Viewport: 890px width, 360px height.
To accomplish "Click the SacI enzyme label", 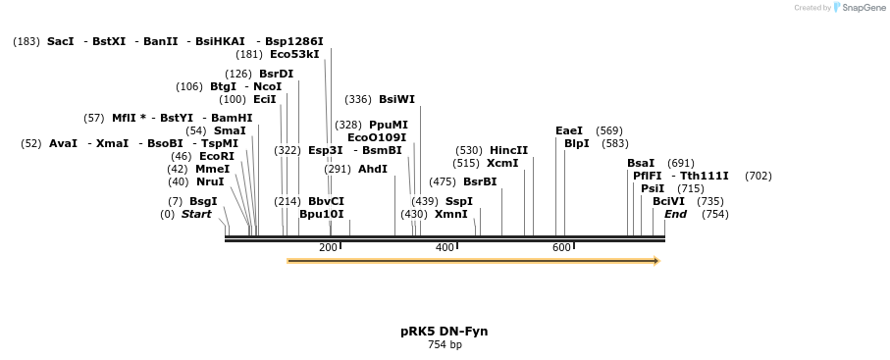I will pyautogui.click(x=60, y=41).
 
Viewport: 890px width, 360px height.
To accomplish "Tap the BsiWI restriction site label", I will pyautogui.click(x=396, y=99).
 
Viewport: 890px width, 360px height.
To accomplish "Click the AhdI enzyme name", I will pyautogui.click(x=373, y=169).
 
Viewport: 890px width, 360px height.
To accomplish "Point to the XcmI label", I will pyautogui.click(x=502, y=163).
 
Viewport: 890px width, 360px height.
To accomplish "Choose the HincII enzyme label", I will pyautogui.click(x=508, y=150).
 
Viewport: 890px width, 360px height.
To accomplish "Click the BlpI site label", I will pyautogui.click(x=577, y=143).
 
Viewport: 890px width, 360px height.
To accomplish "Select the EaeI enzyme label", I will pyautogui.click(x=569, y=130).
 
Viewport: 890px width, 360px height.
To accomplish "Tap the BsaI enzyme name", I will pyautogui.click(x=641, y=163).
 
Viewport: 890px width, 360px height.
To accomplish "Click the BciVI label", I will pyautogui.click(x=669, y=201).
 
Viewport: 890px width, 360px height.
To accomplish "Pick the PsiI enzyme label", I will pyautogui.click(x=653, y=188).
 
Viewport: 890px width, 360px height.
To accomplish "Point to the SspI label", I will pyautogui.click(x=459, y=201).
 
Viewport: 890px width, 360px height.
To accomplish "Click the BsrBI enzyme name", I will pyautogui.click(x=480, y=181).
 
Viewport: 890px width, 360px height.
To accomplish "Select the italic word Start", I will pyautogui.click(x=196, y=214).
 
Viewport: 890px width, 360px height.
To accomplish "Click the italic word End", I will pyautogui.click(x=675, y=214).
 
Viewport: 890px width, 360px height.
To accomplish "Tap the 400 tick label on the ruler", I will pyautogui.click(x=445, y=247).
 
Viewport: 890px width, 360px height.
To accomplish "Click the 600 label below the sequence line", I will pyautogui.click(x=561, y=247).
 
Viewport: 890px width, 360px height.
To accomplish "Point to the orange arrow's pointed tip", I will pyautogui.click(x=657, y=261).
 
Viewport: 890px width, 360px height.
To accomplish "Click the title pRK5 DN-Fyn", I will pyautogui.click(x=445, y=331).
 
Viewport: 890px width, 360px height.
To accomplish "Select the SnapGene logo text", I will pyautogui.click(x=864, y=8).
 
